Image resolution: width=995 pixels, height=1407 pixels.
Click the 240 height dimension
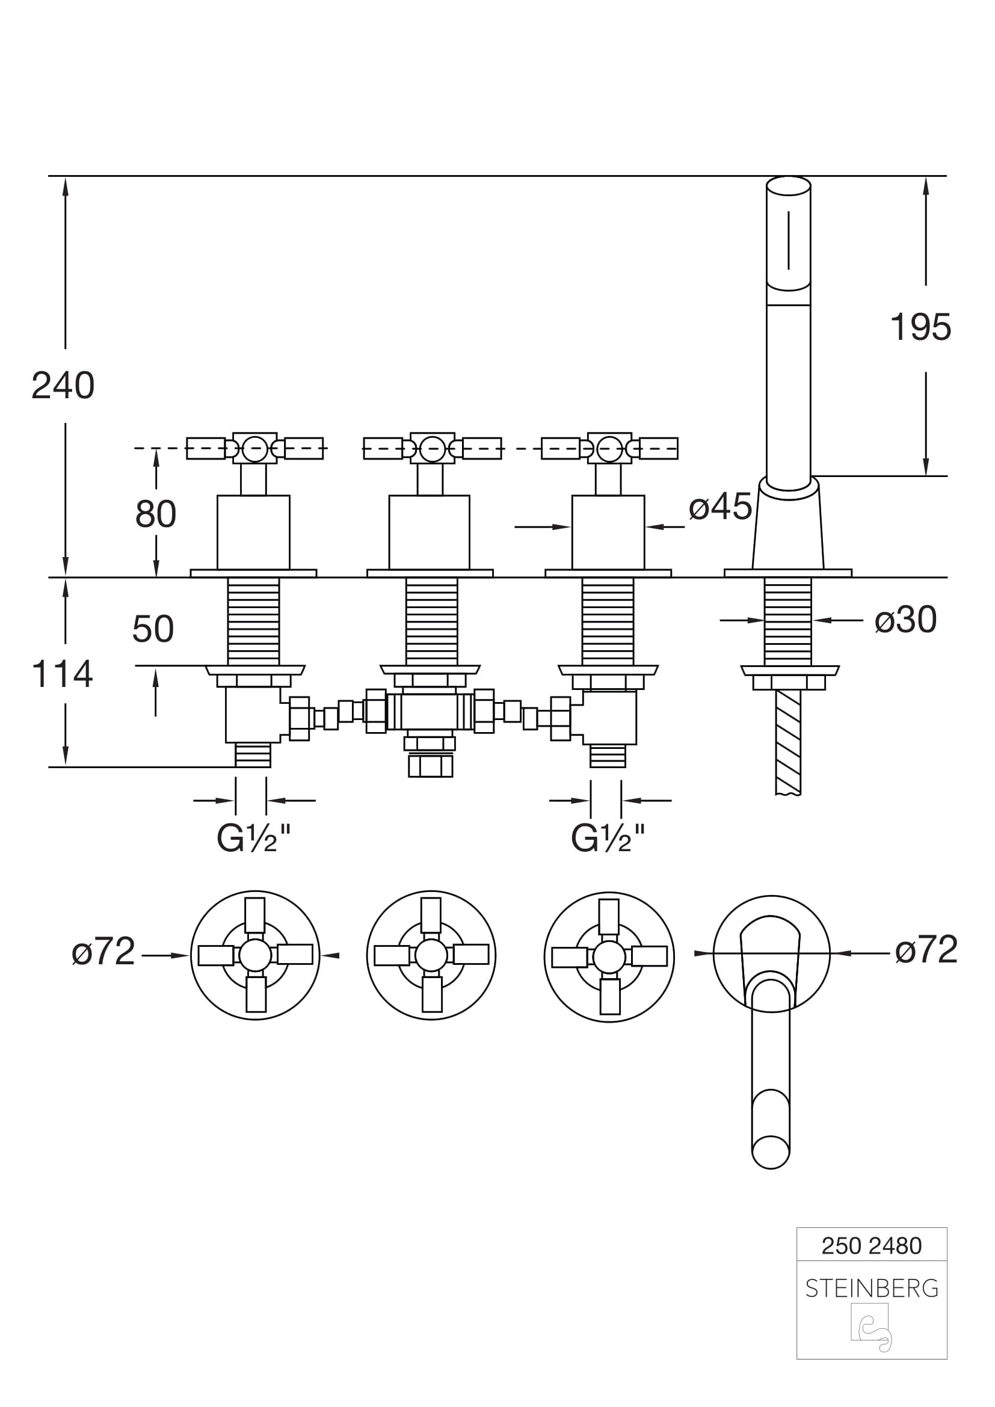63,386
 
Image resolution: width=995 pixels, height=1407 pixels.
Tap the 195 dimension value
920,327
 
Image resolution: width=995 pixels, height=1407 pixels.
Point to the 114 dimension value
62,674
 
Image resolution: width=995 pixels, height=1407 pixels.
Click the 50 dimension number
153,629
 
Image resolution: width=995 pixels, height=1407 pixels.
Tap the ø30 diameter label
905,620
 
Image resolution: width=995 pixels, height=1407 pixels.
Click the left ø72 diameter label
103,951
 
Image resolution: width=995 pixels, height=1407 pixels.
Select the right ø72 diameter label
926,950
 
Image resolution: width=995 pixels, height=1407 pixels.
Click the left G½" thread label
254,838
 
